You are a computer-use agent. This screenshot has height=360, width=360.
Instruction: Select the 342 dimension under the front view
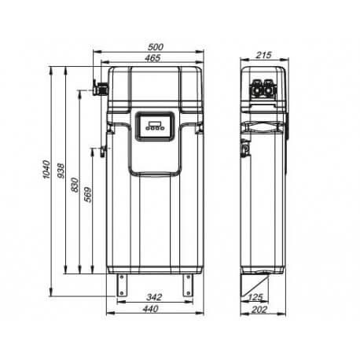click(x=155, y=298)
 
